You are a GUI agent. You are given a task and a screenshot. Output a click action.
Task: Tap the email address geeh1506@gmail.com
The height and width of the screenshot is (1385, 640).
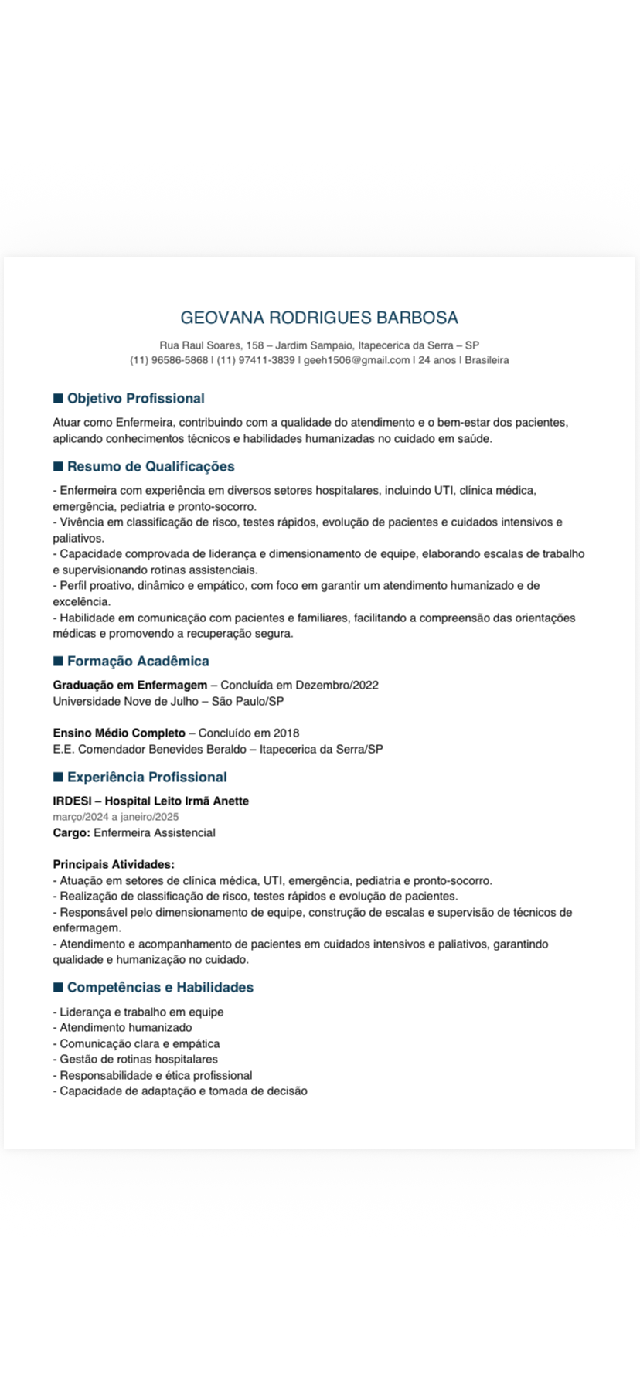(x=356, y=360)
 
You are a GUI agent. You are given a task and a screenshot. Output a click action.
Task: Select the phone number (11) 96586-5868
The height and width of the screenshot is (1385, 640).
(x=169, y=360)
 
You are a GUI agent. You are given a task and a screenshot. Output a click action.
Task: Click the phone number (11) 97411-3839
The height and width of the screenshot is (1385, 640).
(x=255, y=360)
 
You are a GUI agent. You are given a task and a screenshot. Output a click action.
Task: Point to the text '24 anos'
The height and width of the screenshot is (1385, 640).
(x=437, y=360)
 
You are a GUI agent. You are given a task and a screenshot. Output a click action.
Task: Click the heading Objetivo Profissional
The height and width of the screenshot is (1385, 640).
(x=135, y=399)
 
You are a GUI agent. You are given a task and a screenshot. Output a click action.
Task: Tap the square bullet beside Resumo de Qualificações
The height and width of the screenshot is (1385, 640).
(x=58, y=466)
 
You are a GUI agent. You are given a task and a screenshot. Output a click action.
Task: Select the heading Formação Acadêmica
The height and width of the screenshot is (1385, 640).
(x=138, y=662)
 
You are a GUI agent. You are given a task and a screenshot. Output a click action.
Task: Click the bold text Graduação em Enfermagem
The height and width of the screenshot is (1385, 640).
(x=130, y=686)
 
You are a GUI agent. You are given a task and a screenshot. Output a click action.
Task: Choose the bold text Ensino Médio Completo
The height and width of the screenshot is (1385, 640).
(x=119, y=733)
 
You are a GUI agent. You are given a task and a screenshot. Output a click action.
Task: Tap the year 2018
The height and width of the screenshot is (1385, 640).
(x=286, y=733)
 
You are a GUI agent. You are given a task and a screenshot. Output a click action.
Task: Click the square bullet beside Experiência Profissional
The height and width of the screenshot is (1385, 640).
(x=58, y=777)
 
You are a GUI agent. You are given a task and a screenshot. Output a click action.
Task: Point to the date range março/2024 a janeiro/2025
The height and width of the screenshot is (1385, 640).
(x=116, y=817)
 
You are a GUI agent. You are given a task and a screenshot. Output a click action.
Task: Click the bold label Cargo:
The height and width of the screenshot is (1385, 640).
(x=72, y=833)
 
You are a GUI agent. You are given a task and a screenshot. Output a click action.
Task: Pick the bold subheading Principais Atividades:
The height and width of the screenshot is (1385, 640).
(x=114, y=864)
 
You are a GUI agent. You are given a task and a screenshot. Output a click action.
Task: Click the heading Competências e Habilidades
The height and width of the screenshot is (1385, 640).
(x=160, y=988)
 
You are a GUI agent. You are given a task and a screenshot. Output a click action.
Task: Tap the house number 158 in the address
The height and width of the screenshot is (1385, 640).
(x=254, y=345)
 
